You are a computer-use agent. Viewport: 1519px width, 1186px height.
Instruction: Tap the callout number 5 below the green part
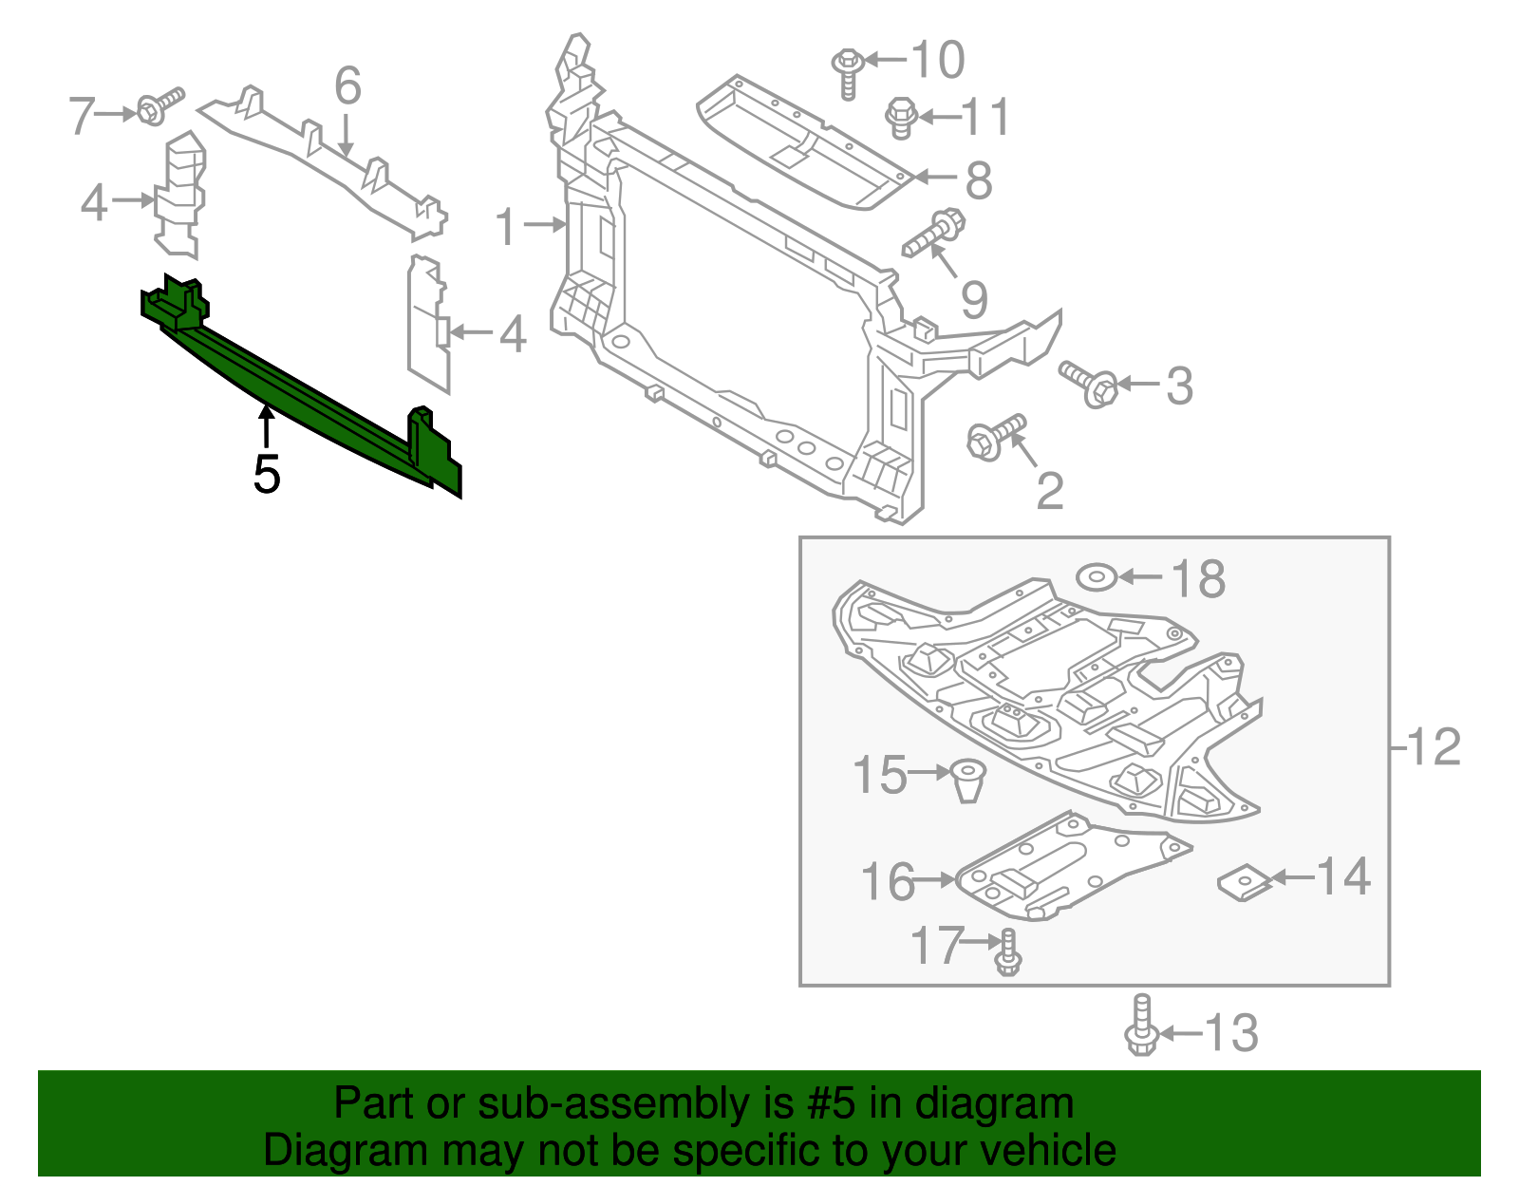pos(267,474)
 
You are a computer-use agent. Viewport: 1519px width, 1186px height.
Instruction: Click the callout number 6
pos(347,86)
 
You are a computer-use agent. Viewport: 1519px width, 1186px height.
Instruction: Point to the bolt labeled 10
pos(847,71)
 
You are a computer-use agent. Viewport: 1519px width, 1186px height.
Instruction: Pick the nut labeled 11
pos(900,118)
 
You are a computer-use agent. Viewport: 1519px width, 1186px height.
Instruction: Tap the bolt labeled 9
pos(935,234)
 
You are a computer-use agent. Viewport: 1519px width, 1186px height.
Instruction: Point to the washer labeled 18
pos(1096,576)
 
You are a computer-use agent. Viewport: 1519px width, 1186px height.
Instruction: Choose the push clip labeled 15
pos(967,780)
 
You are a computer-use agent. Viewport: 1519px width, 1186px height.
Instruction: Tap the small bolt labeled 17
pos(1008,952)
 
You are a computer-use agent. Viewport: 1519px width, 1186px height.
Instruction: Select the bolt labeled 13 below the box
pos(1141,1026)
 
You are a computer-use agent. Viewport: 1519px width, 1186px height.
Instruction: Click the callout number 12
pos(1435,747)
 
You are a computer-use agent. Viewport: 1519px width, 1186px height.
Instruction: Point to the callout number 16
pos(888,882)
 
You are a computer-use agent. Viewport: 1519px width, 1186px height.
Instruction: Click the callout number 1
pos(506,228)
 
